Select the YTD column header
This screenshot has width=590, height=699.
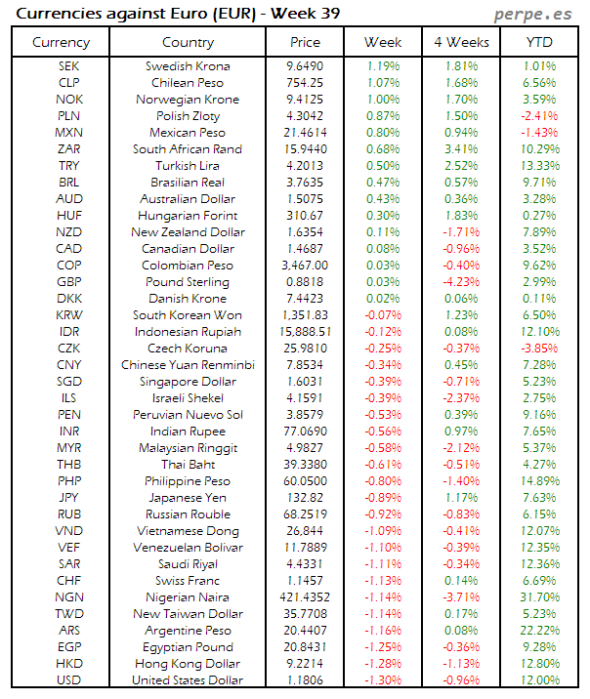point(539,42)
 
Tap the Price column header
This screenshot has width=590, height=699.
point(305,42)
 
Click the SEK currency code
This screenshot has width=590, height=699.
point(68,66)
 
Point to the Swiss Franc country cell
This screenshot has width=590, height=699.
point(189,581)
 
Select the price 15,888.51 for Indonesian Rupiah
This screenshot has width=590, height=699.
point(305,332)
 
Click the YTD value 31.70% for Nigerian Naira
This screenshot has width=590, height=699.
point(539,597)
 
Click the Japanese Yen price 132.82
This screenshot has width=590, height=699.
point(305,498)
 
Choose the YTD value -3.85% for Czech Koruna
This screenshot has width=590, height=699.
point(539,349)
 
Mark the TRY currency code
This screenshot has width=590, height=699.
point(68,166)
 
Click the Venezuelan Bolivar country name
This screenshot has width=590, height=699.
point(189,548)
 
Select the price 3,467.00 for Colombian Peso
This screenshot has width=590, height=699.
point(305,266)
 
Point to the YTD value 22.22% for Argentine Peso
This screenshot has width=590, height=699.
point(539,631)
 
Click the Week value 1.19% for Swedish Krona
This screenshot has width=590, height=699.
point(382,66)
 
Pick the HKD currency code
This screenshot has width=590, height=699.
point(68,664)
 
